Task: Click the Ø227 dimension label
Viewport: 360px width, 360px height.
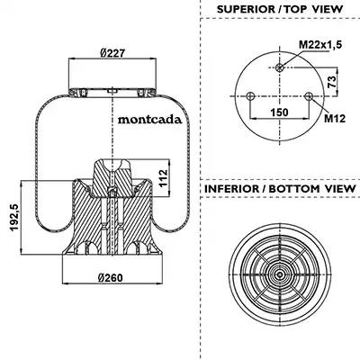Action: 112,53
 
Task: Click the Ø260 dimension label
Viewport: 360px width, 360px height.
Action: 111,278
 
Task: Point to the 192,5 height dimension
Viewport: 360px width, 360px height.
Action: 14,218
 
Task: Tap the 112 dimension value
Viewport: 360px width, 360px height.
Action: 163,178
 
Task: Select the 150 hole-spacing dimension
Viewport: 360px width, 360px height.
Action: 279,112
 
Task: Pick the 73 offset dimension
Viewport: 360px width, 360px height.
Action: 331,82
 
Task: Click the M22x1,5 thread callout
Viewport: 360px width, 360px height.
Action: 320,45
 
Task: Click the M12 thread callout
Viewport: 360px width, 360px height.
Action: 335,119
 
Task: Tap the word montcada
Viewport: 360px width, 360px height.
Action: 149,120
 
